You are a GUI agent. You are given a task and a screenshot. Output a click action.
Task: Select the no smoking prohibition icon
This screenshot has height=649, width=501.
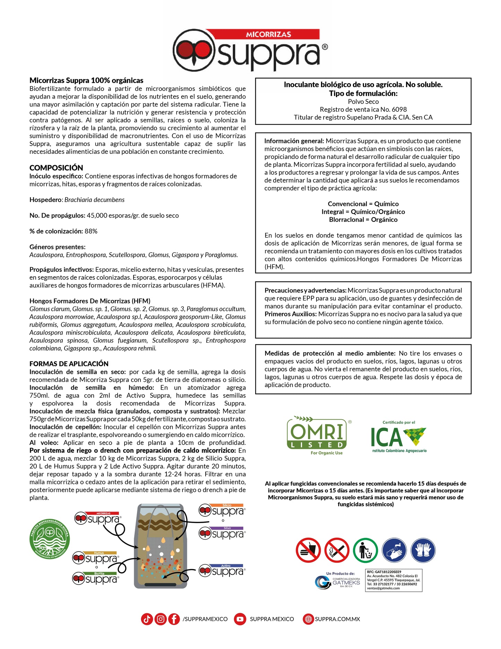click(337, 550)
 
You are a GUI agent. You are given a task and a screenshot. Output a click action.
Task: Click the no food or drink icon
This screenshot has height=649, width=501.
click(308, 550)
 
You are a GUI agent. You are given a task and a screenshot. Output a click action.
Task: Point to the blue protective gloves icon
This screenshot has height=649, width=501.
click(423, 550)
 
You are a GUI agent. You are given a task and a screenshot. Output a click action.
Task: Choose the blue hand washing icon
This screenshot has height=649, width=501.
click(394, 550)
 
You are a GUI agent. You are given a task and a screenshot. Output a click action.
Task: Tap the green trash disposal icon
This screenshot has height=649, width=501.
click(365, 550)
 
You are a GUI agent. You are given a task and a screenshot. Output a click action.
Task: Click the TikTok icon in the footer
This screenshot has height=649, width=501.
click(147, 619)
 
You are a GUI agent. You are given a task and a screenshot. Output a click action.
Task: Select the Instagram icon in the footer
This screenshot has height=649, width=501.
click(160, 619)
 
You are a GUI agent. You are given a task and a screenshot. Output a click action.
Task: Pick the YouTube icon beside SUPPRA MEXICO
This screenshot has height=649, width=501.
click(240, 619)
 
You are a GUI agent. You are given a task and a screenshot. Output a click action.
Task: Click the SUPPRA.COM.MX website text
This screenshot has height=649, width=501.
click(337, 619)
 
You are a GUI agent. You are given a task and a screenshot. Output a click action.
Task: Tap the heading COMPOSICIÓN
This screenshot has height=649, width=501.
click(56, 168)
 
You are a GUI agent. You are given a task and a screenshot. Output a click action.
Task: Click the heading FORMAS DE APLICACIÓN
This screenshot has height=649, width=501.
click(69, 364)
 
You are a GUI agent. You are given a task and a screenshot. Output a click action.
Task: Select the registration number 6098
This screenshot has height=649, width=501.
click(399, 109)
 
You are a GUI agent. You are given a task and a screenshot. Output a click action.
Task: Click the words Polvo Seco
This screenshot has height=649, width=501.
click(363, 102)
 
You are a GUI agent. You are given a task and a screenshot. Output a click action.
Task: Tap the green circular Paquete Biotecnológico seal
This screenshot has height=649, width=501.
click(50, 539)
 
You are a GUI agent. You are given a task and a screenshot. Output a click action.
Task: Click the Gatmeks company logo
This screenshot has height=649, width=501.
click(337, 582)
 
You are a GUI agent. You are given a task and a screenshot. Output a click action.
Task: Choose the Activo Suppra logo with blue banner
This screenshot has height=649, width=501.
click(222, 571)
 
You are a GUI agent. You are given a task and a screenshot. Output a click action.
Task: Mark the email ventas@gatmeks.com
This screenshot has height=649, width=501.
click(383, 588)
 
